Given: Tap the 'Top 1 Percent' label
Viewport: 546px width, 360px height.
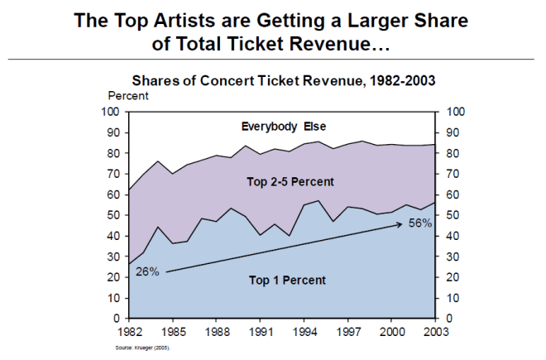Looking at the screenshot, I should pyautogui.click(x=287, y=280).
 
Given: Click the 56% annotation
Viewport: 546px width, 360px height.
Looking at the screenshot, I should pyautogui.click(x=419, y=223).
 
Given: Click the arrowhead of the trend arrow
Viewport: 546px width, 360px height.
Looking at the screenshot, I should pyautogui.click(x=405, y=228).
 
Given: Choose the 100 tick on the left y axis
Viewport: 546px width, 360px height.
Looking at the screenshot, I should pyautogui.click(x=110, y=112).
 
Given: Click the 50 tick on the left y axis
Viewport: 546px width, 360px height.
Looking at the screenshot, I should pyautogui.click(x=113, y=215).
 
